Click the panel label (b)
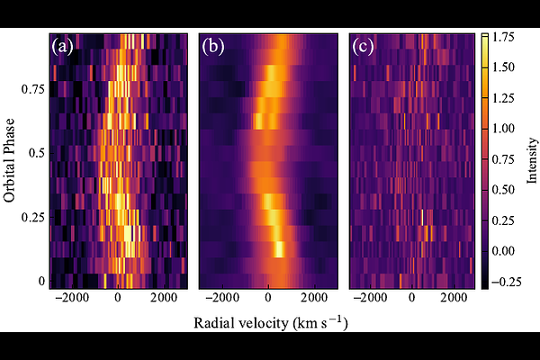(214, 46)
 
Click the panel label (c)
(364, 46)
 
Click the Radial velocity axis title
(269, 321)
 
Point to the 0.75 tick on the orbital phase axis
(34, 89)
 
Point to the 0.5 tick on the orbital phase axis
(37, 153)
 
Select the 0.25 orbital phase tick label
(34, 217)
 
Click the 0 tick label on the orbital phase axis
(41, 281)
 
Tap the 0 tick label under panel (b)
(268, 297)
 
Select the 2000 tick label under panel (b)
(315, 297)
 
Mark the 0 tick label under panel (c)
(411, 297)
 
